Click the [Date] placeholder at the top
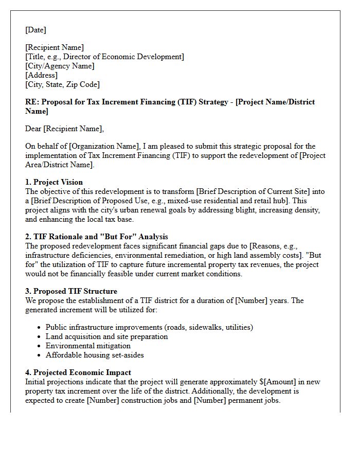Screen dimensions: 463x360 (x=35, y=30)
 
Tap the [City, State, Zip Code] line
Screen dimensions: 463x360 (x=62, y=84)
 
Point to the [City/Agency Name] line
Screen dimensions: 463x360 (x=60, y=66)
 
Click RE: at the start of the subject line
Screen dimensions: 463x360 (x=32, y=102)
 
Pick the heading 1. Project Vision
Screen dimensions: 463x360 (x=54, y=182)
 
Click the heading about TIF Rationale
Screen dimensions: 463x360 (x=97, y=237)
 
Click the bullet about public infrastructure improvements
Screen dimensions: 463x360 (x=149, y=327)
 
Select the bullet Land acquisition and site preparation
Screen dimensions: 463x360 (x=106, y=336)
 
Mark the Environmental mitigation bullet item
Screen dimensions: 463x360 (x=87, y=346)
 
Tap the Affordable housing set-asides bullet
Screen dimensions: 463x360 (x=95, y=355)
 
